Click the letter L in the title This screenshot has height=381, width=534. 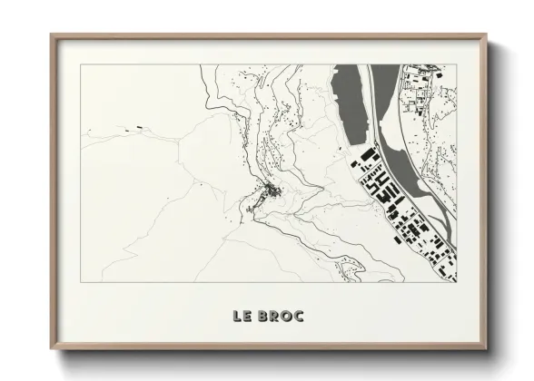coord(237,316)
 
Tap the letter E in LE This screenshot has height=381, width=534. coord(248,316)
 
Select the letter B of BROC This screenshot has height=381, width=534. coord(265,316)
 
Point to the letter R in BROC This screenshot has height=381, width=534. coord(276,316)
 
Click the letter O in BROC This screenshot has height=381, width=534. coord(288,316)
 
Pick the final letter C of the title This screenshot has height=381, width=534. coord(300,316)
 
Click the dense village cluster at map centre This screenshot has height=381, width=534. coord(269,191)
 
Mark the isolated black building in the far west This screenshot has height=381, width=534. coord(140,127)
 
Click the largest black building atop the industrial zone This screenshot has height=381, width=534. coord(368,156)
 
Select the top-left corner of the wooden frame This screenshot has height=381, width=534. coord(52,35)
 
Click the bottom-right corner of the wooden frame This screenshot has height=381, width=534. coord(486,348)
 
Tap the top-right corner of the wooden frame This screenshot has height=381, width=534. coord(486,35)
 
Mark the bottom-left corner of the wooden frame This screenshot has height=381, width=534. coord(52,348)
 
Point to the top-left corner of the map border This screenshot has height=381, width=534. coord(81,64)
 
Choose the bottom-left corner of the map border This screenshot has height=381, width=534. coord(81,281)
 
